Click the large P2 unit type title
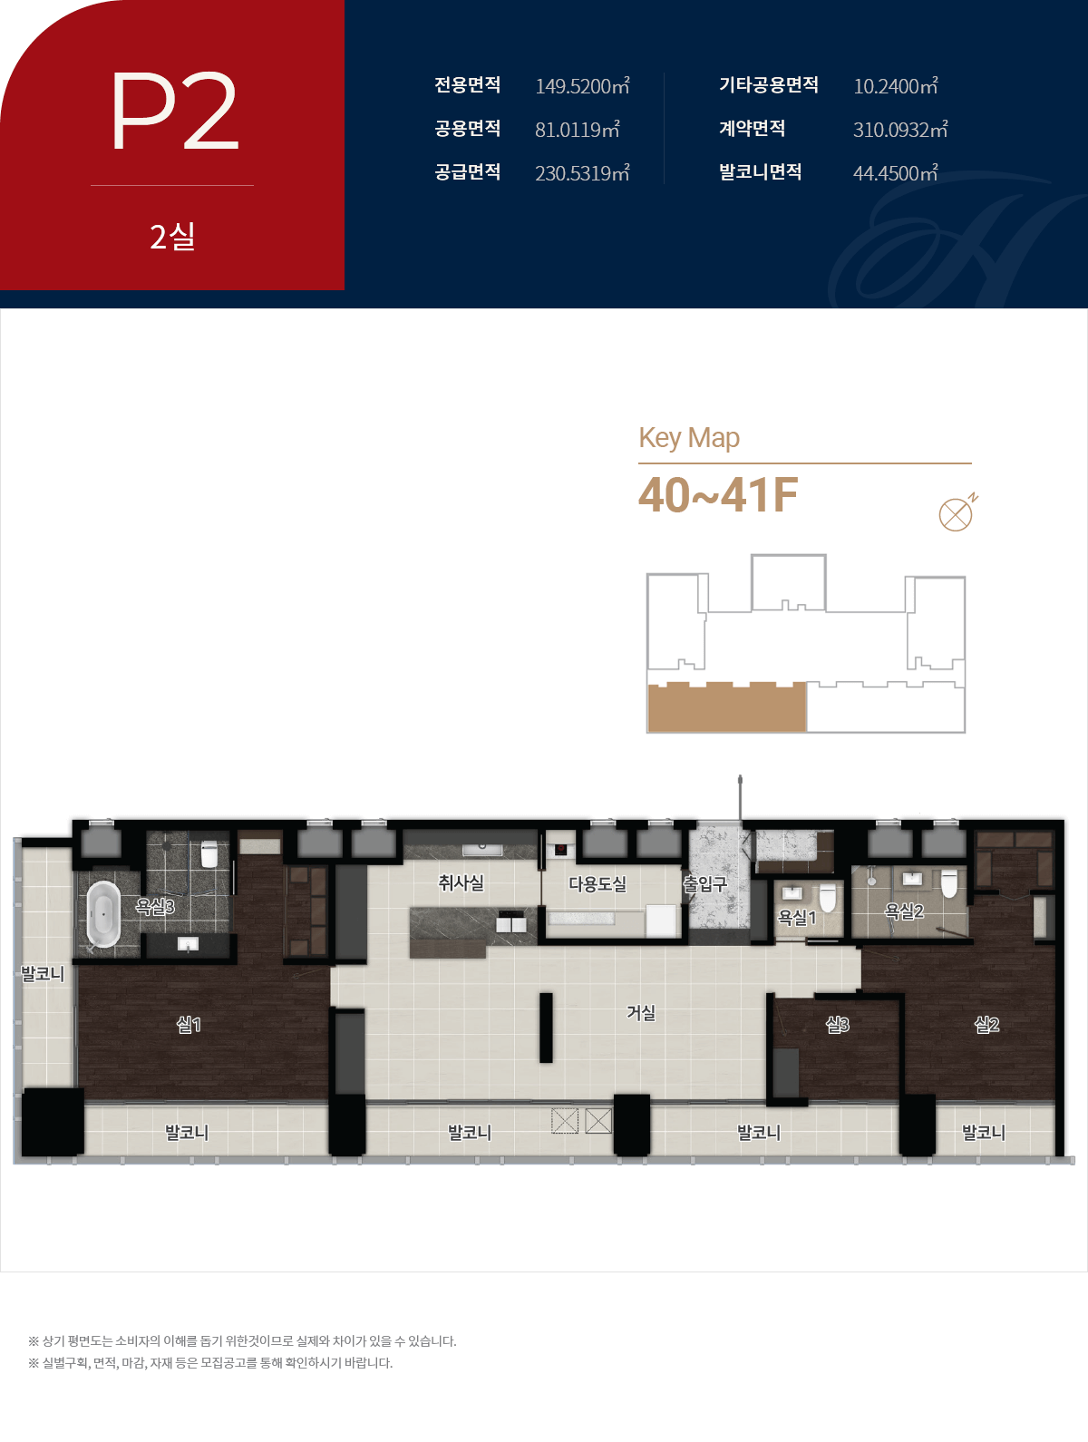click(x=175, y=111)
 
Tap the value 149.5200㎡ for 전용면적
click(x=582, y=86)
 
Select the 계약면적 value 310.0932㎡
click(x=900, y=130)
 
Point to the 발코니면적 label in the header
click(x=761, y=172)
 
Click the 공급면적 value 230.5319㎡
click(x=582, y=173)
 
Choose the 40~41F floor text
click(x=718, y=495)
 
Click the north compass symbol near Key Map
click(x=957, y=512)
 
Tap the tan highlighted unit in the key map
click(x=727, y=707)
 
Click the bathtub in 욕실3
click(x=103, y=914)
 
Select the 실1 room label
click(x=189, y=1024)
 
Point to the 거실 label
click(x=641, y=1012)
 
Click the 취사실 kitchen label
click(x=461, y=882)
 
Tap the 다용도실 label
click(x=597, y=883)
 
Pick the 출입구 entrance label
click(x=705, y=884)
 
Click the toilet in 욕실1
click(x=827, y=897)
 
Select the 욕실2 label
click(x=904, y=911)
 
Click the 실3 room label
click(x=837, y=1024)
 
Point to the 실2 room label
click(x=986, y=1024)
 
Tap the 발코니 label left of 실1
click(x=43, y=974)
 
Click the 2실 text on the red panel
click(x=172, y=236)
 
